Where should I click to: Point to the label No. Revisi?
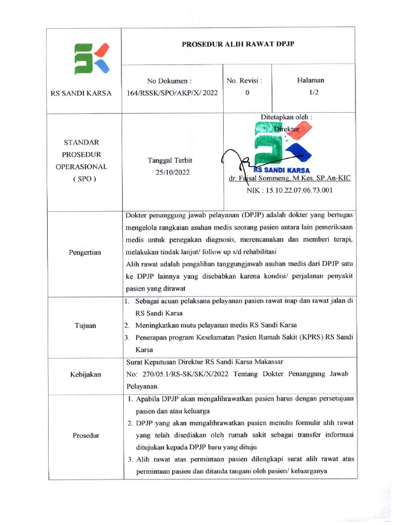click(x=244, y=80)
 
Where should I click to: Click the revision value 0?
click(x=247, y=93)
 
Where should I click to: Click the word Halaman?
click(x=310, y=80)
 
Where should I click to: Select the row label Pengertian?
click(x=85, y=252)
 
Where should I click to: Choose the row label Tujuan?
click(x=85, y=326)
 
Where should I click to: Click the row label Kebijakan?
click(x=85, y=375)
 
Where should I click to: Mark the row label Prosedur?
click(x=85, y=436)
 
